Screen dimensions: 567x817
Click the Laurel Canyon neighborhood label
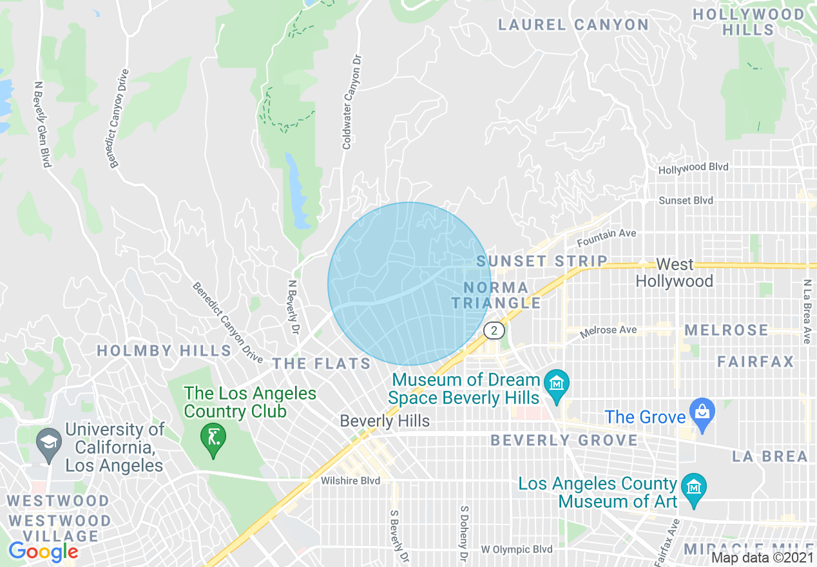[x=573, y=25]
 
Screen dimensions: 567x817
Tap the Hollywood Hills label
[x=749, y=22]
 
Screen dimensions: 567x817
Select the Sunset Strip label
[x=542, y=261]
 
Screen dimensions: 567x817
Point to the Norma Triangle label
[x=497, y=295]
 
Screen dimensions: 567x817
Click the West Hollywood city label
[x=675, y=273]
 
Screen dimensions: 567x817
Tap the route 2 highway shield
[x=494, y=331]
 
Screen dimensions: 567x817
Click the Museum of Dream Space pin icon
[x=555, y=383]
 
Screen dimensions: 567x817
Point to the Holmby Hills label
[x=164, y=351]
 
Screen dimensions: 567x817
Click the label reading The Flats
[x=322, y=364]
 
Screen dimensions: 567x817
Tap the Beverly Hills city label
[x=385, y=421]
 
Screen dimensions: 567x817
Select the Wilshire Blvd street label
[x=351, y=481]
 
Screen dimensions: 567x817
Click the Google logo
[x=43, y=552]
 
